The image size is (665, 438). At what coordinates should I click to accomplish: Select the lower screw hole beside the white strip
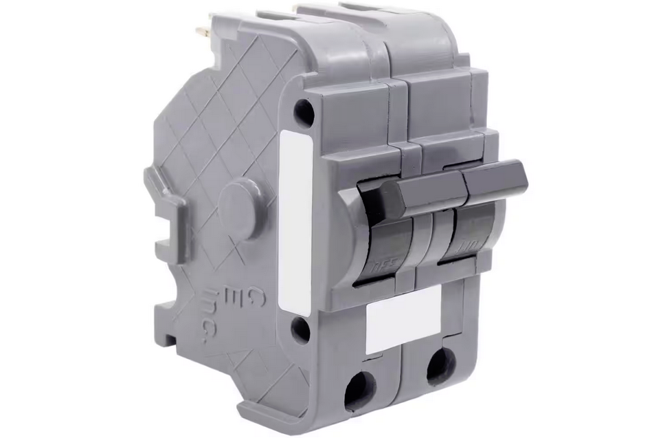pos(300,329)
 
